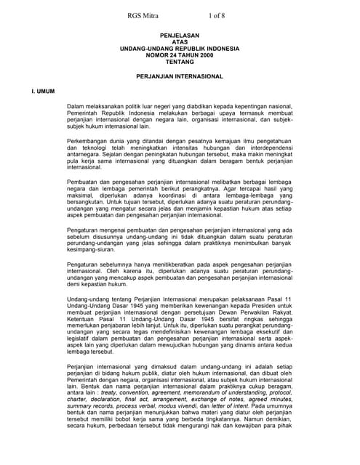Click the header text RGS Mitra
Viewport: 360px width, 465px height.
[144, 15]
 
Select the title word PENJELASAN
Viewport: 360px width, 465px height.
[180, 35]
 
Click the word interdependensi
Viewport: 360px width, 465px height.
[265, 144]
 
